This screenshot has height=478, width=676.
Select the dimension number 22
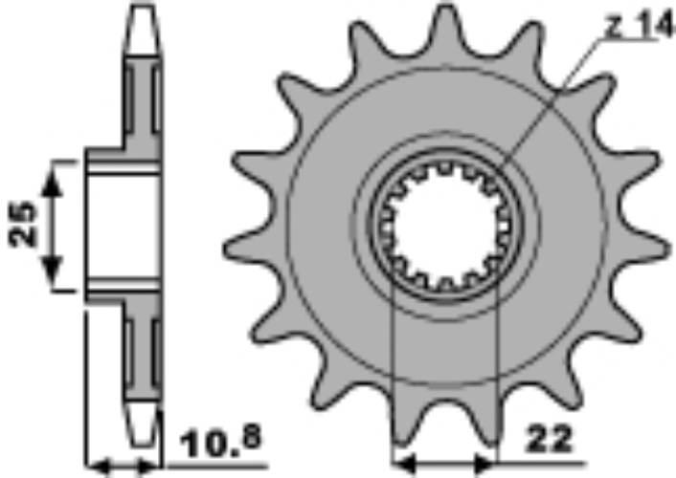click(x=550, y=440)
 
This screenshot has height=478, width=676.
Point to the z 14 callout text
click(x=639, y=26)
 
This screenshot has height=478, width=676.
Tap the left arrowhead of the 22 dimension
click(x=404, y=465)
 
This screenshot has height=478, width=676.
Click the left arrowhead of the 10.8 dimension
click(x=99, y=467)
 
